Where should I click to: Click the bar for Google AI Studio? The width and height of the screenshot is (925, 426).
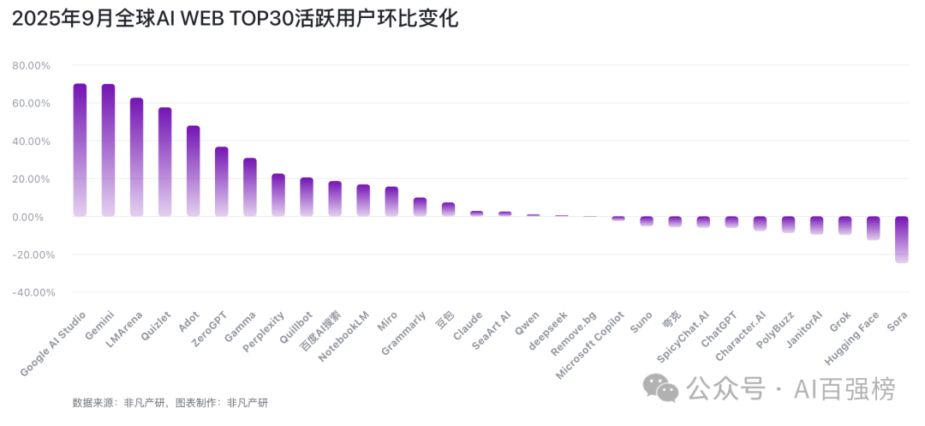click(80, 150)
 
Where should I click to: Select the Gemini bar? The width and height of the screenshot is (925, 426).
click(108, 150)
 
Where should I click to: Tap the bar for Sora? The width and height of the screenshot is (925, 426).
click(902, 239)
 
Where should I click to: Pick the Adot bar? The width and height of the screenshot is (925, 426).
click(194, 171)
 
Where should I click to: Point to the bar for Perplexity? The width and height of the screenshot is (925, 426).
click(278, 195)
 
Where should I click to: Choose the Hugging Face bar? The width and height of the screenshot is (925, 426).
click(874, 228)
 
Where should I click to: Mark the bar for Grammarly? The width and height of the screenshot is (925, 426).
click(420, 207)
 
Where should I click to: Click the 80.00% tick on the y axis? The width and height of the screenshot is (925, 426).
click(32, 66)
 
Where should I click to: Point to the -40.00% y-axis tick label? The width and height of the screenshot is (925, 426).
click(31, 292)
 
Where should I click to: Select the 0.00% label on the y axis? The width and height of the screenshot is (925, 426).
click(34, 217)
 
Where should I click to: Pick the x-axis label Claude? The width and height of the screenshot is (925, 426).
click(468, 326)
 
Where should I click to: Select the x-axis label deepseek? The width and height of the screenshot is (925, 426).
click(548, 329)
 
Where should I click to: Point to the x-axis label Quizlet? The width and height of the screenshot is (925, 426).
click(156, 327)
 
